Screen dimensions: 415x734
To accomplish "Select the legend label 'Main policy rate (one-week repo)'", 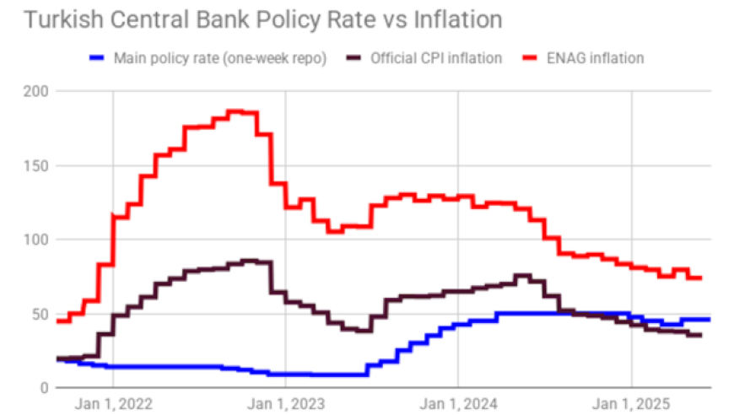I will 221,58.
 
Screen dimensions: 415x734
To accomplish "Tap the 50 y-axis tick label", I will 40,314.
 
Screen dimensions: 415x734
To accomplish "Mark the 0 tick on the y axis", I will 44,388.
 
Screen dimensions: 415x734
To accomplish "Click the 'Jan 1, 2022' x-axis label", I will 112,403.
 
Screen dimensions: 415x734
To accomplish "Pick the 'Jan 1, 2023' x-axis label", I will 285,403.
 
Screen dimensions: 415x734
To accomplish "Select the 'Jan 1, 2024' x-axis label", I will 458,403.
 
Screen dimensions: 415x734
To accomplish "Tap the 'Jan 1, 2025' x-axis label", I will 631,403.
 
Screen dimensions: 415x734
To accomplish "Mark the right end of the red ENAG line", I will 701,278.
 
